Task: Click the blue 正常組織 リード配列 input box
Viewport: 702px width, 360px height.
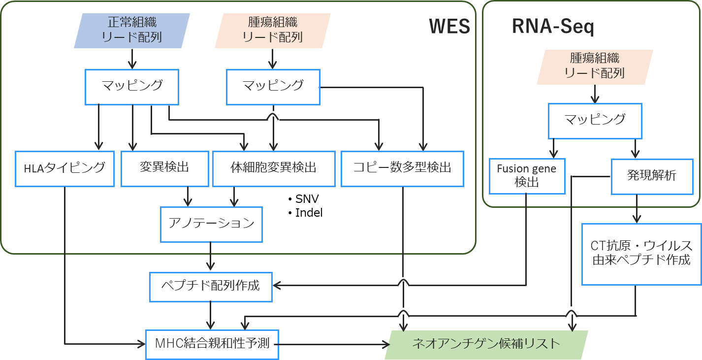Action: point(132,31)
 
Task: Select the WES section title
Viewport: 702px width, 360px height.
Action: point(449,27)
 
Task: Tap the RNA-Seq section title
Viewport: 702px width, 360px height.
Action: point(553,27)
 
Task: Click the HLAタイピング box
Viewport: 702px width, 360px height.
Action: point(64,168)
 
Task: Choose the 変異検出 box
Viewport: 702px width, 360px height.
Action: point(164,168)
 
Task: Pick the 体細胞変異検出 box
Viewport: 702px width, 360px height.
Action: point(274,168)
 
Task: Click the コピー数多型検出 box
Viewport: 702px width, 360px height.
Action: point(402,168)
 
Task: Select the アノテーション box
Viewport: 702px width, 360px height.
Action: point(211,224)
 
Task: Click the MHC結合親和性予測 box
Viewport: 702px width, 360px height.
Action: point(212,344)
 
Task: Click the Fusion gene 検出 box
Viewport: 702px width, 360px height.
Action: point(527,176)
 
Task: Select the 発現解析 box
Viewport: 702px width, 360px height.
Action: point(651,176)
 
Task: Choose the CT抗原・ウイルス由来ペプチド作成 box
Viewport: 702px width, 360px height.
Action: point(641,254)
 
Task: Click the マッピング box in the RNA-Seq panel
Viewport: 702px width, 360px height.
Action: point(595,120)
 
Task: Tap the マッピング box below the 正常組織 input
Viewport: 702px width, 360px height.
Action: point(132,87)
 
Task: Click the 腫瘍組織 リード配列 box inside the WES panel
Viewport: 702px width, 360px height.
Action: point(273,31)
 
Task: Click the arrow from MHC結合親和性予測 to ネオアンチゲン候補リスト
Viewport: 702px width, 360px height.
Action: point(335,344)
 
